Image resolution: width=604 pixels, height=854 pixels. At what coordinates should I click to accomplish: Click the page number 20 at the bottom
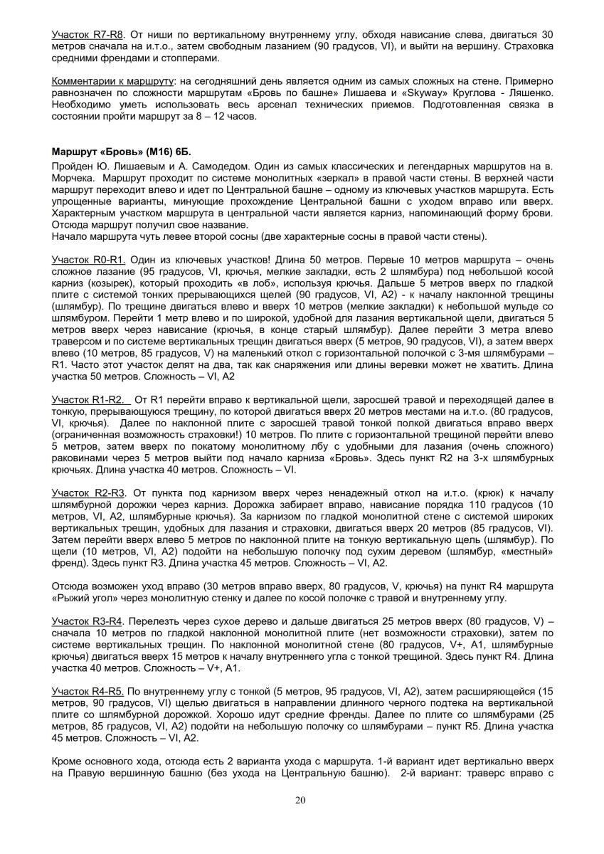[x=300, y=800]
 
